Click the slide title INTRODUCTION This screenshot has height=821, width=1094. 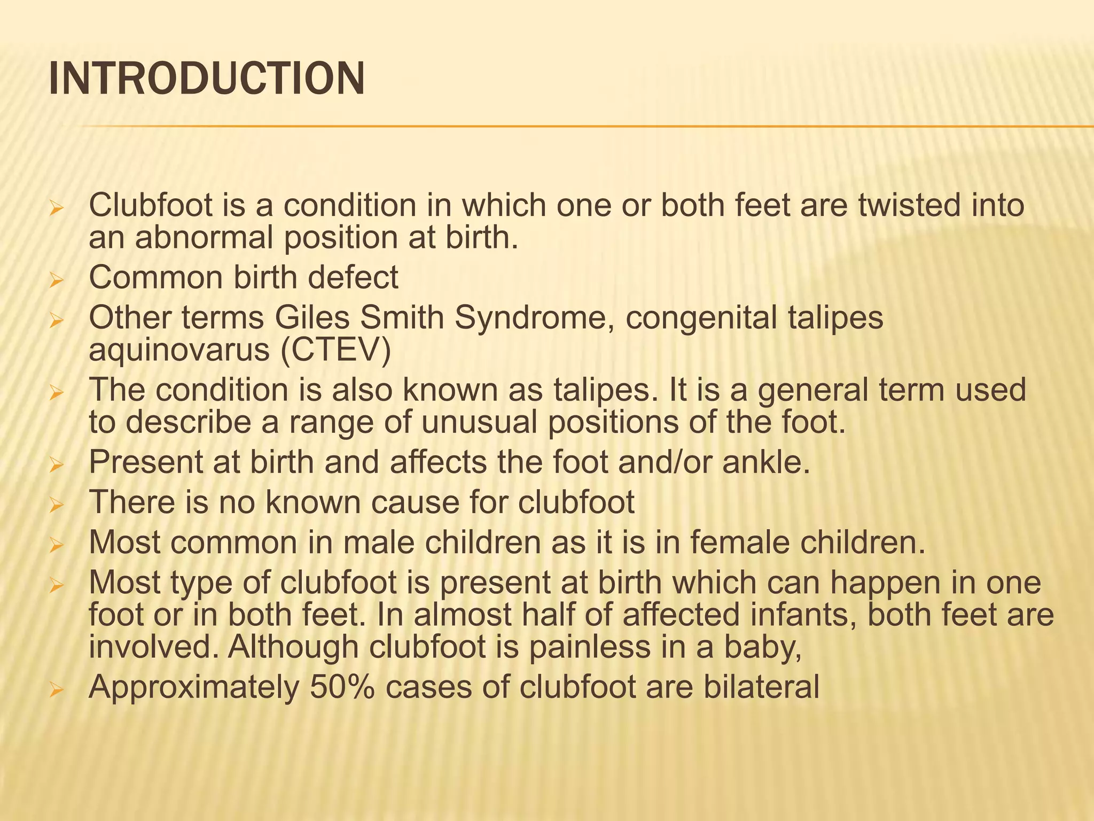(207, 79)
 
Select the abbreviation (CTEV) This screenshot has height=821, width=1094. (335, 350)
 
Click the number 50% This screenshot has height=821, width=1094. (342, 687)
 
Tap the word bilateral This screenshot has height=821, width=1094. (761, 687)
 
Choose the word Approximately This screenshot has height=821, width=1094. (194, 687)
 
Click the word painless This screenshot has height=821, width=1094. (590, 647)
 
